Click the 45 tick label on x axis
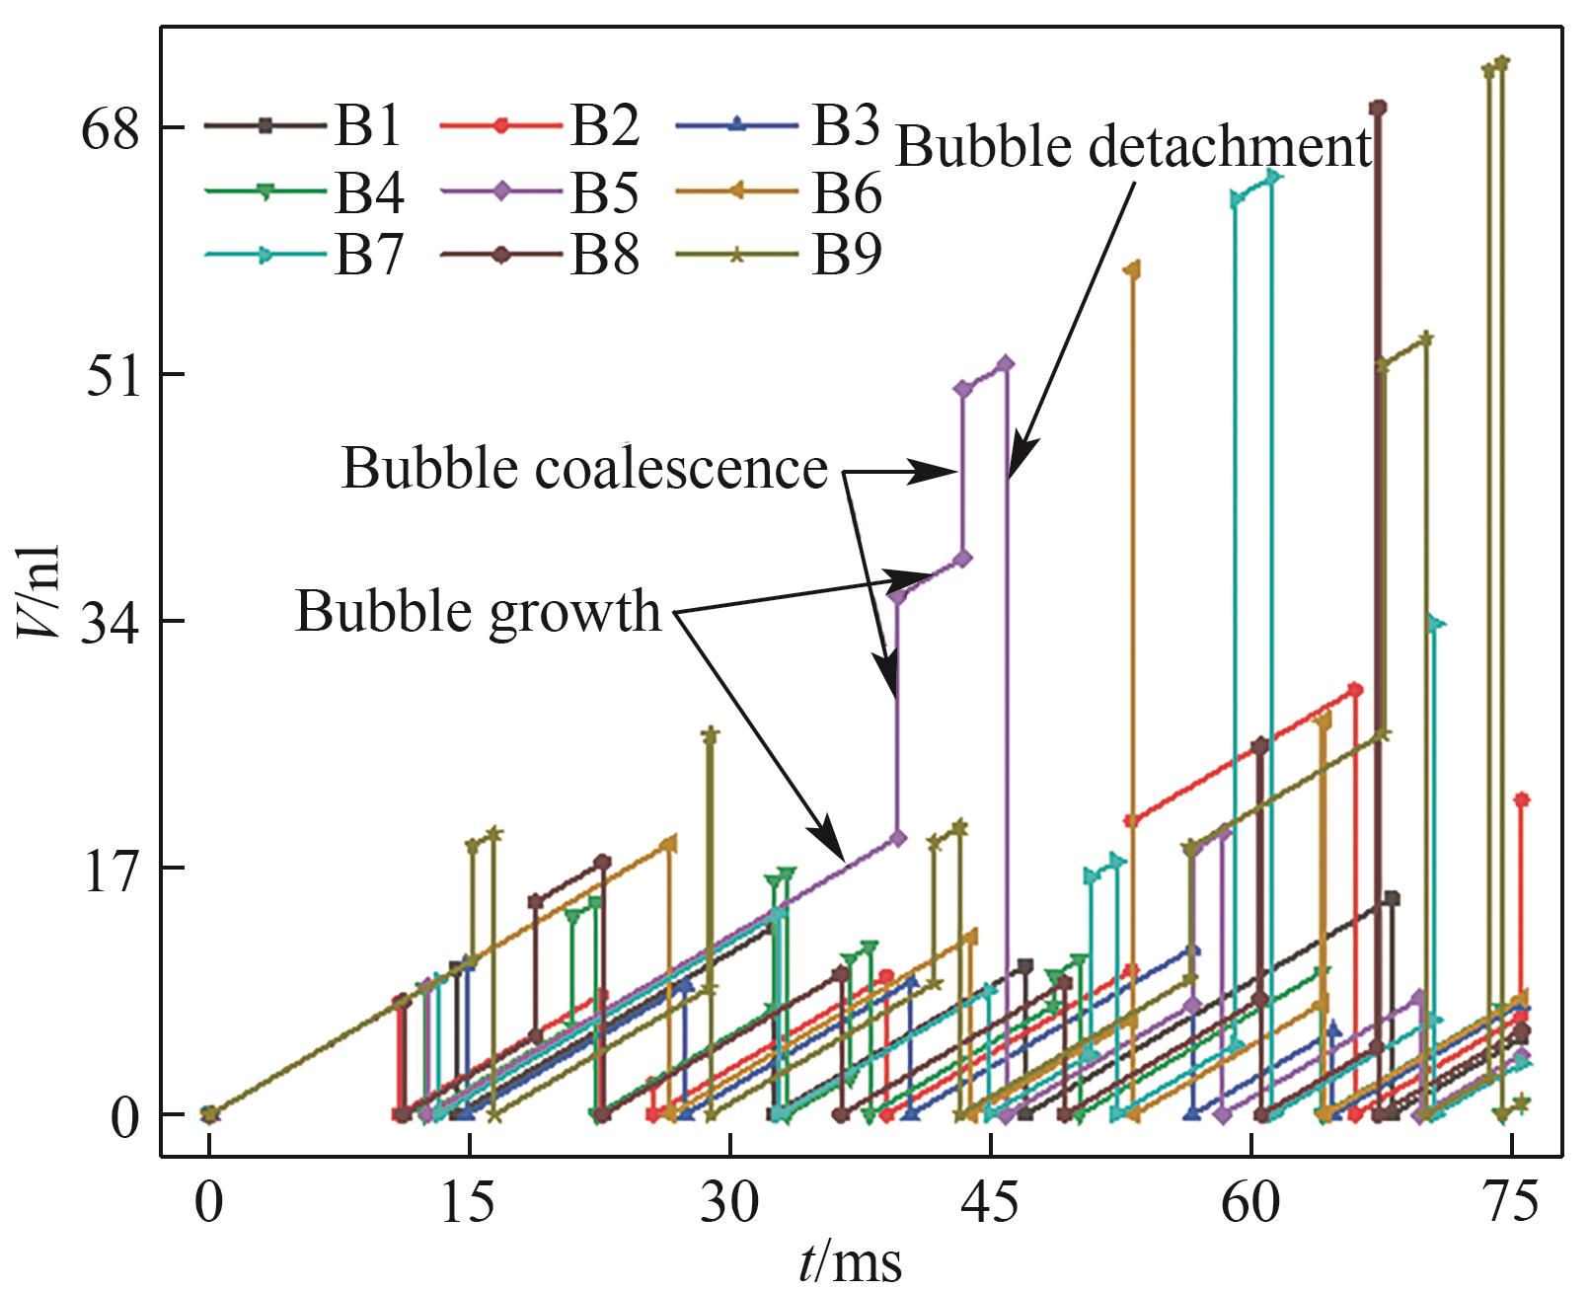tap(990, 1204)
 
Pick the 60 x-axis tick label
tap(1251, 1204)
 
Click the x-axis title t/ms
tap(850, 1263)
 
